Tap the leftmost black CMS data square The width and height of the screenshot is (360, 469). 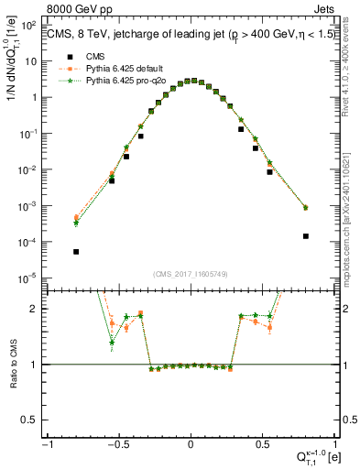[x=76, y=251]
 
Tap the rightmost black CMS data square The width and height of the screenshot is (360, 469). [x=305, y=235]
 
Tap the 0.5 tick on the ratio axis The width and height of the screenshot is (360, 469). [x=33, y=420]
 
